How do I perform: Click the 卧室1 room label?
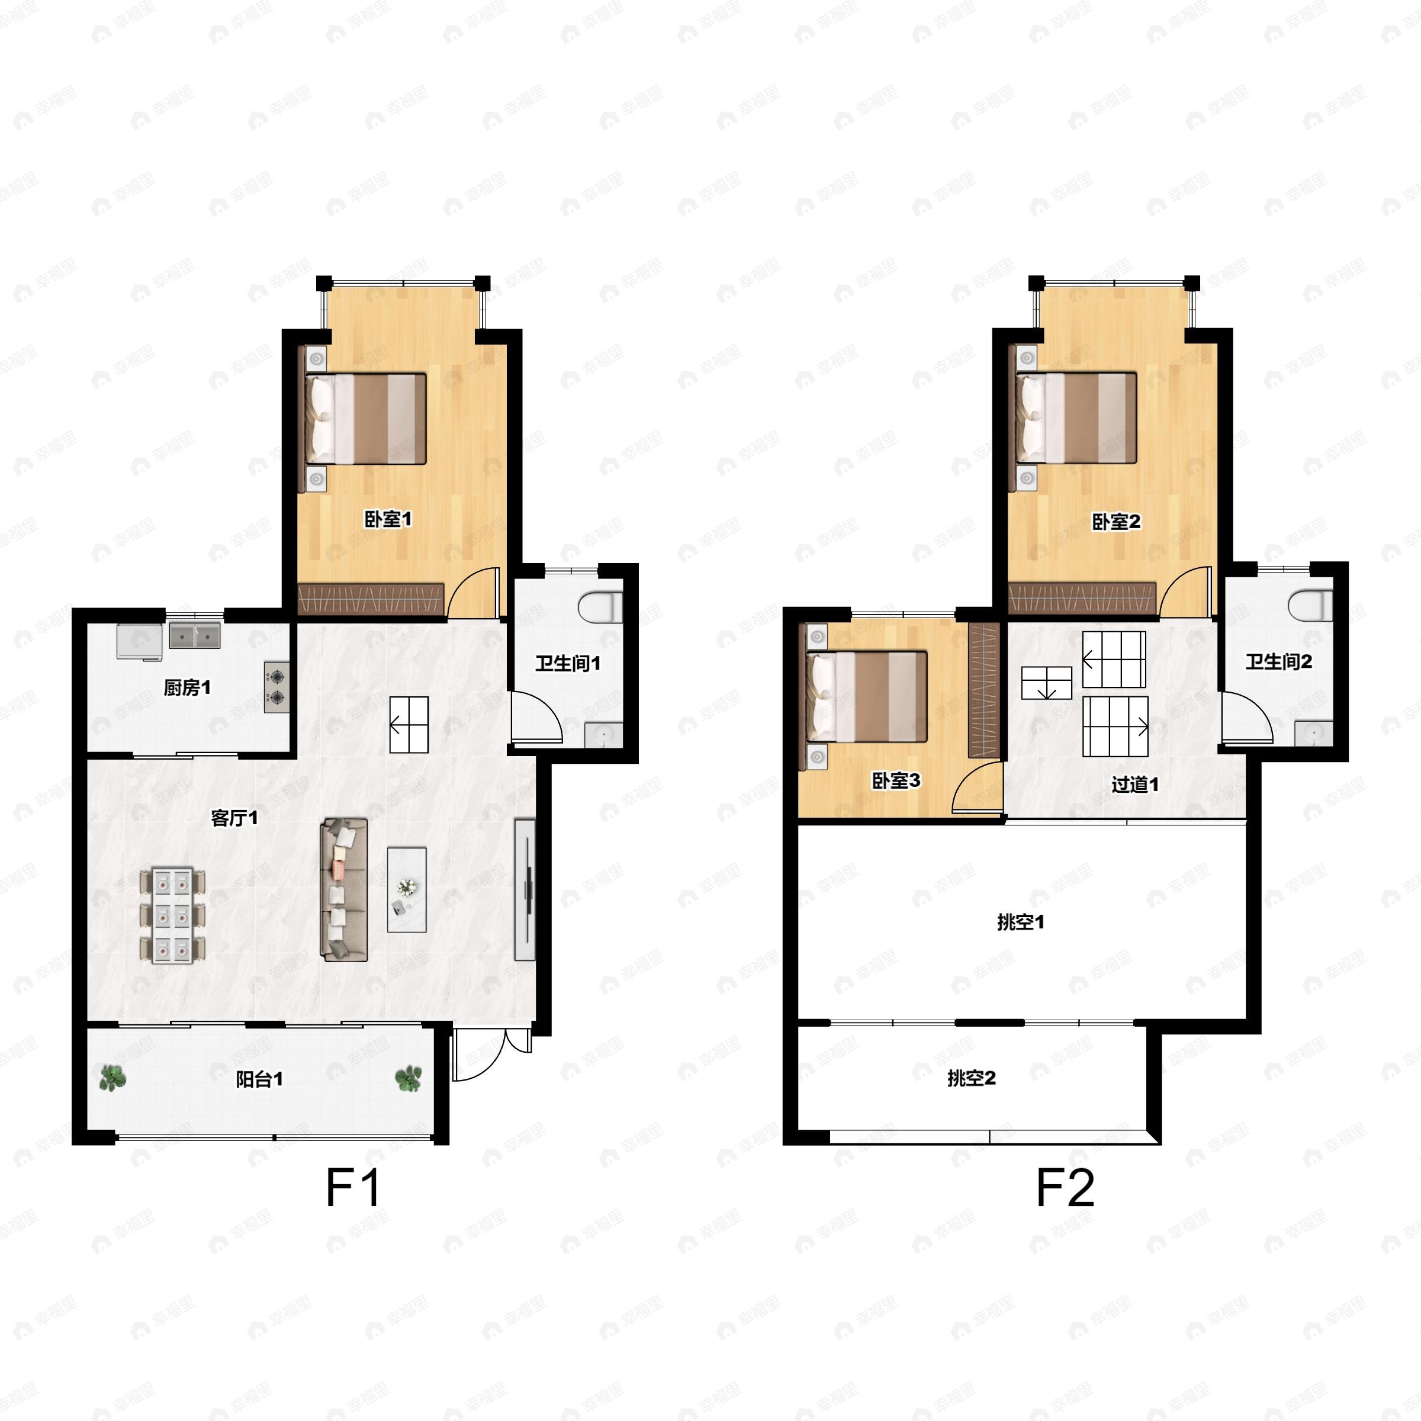[388, 519]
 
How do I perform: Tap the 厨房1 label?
[187, 687]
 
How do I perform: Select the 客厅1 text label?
[234, 818]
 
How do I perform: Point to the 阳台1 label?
[259, 1079]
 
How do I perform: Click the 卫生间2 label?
[1278, 662]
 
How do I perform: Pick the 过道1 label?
[1135, 785]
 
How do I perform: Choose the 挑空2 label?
[971, 1078]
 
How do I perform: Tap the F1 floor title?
[353, 1188]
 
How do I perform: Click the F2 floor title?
[1065, 1188]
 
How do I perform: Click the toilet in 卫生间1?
[600, 607]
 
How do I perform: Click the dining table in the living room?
[172, 916]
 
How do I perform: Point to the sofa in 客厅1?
[343, 889]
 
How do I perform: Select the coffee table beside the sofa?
[407, 890]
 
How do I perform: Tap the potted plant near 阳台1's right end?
[408, 1078]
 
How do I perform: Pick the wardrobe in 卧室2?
[1081, 599]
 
